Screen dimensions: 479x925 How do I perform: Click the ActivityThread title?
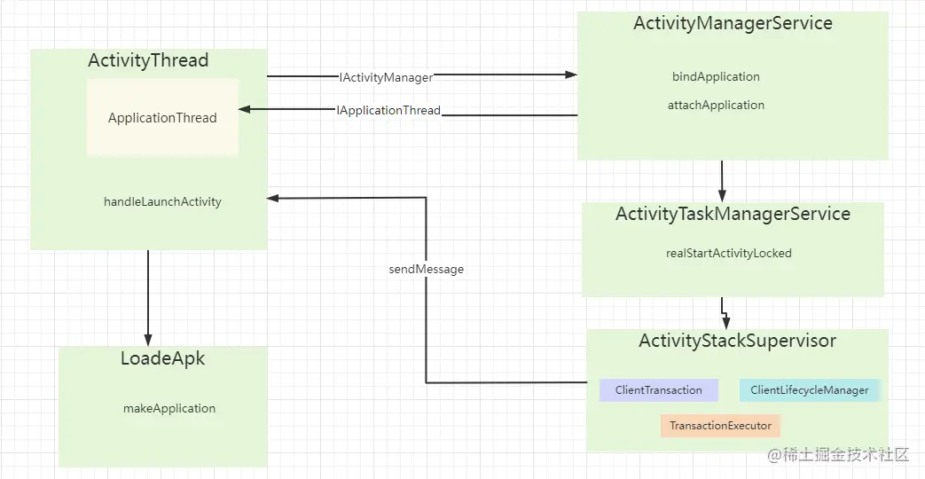point(148,61)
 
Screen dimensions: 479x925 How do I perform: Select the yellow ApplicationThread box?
point(162,118)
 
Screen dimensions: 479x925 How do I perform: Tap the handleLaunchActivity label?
point(162,202)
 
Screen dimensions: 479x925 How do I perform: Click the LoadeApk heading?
point(162,359)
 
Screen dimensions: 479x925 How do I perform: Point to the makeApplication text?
point(169,409)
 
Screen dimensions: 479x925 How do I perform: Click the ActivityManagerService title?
point(733,24)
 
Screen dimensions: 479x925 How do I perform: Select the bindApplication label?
point(716,77)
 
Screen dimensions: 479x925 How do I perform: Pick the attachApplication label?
point(716,106)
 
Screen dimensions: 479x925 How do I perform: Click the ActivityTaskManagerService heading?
point(733,215)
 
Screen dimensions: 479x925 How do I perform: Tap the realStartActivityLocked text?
point(729,254)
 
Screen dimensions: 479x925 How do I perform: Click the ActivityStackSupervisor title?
point(737,342)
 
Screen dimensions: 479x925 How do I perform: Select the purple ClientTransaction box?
point(658,390)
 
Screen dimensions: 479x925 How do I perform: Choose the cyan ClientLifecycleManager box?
point(809,390)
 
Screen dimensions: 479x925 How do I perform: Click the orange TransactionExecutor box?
point(720,426)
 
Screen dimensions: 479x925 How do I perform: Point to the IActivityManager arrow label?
point(386,78)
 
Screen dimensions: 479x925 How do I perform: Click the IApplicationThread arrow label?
point(388,111)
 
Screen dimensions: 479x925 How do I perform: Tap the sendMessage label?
point(426,269)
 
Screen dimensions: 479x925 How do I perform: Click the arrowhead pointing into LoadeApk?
point(148,340)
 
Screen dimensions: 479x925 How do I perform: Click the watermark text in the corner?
point(838,455)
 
